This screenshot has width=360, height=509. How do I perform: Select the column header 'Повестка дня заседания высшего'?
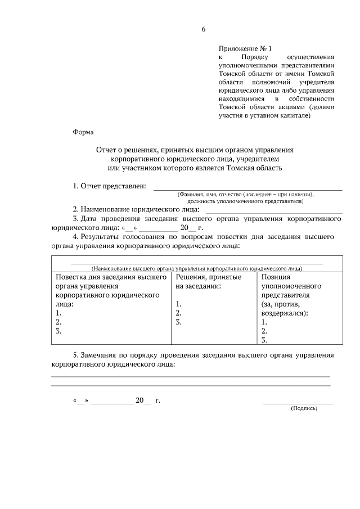[x=111, y=277]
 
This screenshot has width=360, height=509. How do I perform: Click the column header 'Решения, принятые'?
[x=209, y=277]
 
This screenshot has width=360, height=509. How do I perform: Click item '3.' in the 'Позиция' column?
[x=264, y=340]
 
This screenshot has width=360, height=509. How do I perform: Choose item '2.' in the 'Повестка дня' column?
[x=58, y=322]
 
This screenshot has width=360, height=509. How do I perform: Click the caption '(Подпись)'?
[x=304, y=409]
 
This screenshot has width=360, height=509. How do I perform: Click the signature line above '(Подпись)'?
[x=298, y=403]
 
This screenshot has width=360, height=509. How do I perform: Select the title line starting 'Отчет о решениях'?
[x=195, y=150]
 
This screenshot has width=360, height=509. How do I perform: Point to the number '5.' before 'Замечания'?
[x=76, y=355]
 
